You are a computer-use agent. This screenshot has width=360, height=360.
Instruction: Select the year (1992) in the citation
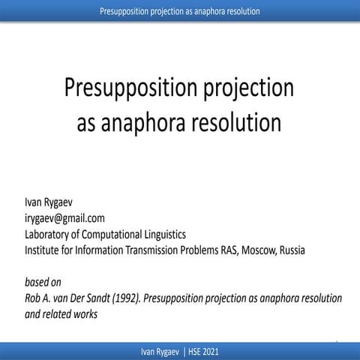click(x=139, y=299)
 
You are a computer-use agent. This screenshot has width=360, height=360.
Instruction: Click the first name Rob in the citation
click(x=33, y=299)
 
